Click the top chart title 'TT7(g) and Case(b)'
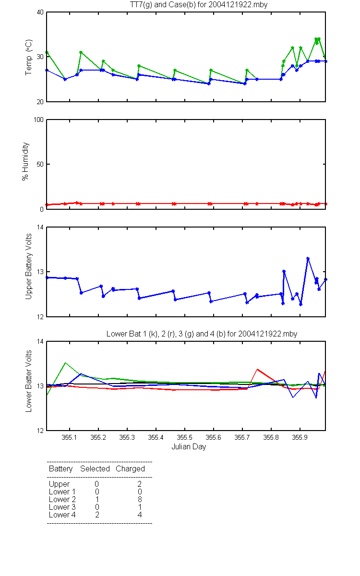pyautogui.click(x=163, y=5)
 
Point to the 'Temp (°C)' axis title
pyautogui.click(x=28, y=57)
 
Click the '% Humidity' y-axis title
pyautogui.click(x=25, y=161)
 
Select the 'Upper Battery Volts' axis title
pyautogui.click(x=28, y=266)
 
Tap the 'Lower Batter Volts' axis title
pyautogui.click(x=28, y=381)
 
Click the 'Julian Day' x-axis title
pyautogui.click(x=189, y=447)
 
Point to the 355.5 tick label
pyautogui.click(x=185, y=437)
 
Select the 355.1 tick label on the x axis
pyautogui.click(x=70, y=437)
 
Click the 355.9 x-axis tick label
pyautogui.click(x=300, y=437)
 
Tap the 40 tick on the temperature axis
pyautogui.click(x=40, y=12)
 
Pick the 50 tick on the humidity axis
pyautogui.click(x=40, y=164)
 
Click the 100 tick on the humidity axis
pyautogui.click(x=39, y=120)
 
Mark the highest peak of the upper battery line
pyautogui.click(x=308, y=258)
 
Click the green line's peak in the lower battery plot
pyautogui.click(x=65, y=363)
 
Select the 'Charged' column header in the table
pyautogui.click(x=131, y=469)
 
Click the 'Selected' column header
pyautogui.click(x=95, y=469)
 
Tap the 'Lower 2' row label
pyautogui.click(x=62, y=499)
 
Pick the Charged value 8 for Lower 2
pyautogui.click(x=140, y=499)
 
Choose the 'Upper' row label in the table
pyautogui.click(x=59, y=484)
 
